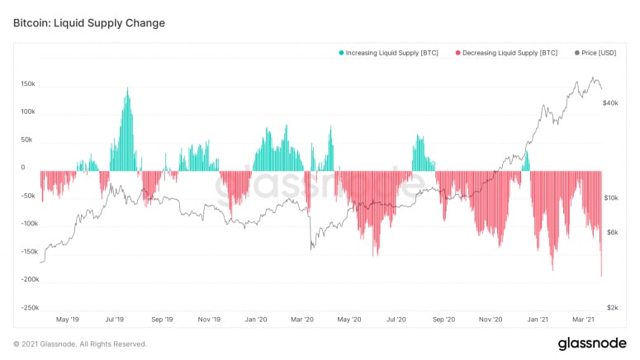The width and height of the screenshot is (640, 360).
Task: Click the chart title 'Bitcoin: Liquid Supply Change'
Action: click(x=89, y=23)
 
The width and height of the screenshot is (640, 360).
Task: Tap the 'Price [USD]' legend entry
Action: click(x=595, y=53)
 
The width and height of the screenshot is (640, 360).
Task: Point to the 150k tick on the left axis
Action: click(x=28, y=84)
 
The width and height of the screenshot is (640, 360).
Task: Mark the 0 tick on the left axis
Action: click(x=22, y=168)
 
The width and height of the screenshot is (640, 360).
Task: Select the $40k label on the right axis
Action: click(x=611, y=103)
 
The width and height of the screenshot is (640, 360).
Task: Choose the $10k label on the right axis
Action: click(x=611, y=198)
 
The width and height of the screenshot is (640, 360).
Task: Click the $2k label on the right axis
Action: click(x=612, y=307)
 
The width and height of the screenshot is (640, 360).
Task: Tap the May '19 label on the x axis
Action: click(x=67, y=320)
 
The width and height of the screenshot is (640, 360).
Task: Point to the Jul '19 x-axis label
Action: click(x=114, y=320)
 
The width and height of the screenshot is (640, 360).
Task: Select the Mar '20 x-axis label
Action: click(x=303, y=320)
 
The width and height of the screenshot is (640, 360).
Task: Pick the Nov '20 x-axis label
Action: click(x=491, y=320)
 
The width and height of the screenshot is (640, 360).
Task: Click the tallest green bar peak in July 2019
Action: click(x=127, y=88)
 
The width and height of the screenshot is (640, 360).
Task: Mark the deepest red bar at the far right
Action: click(x=601, y=276)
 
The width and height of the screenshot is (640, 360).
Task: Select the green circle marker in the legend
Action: click(x=341, y=53)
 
